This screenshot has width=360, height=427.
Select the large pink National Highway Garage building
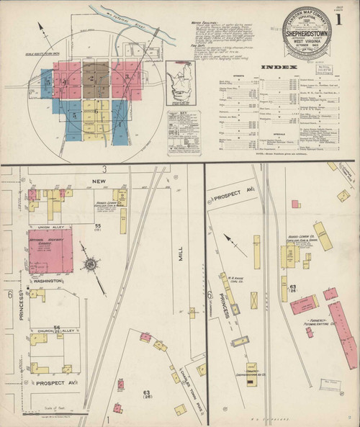[x=50, y=251]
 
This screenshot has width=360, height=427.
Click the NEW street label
[x=98, y=182]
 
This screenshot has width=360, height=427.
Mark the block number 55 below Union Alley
[x=97, y=226]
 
